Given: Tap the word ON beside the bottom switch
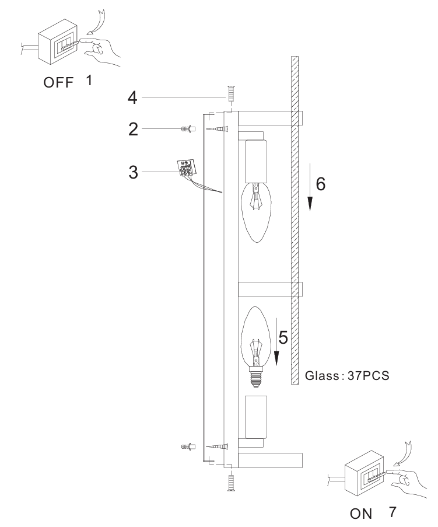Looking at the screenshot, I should tap(361, 516).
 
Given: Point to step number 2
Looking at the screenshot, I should tap(134, 130).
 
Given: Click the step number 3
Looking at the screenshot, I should tap(134, 173).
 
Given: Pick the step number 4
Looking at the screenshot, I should tap(134, 96).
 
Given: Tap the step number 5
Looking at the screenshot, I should tap(283, 338).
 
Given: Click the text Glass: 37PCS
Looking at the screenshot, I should tap(347, 376).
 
